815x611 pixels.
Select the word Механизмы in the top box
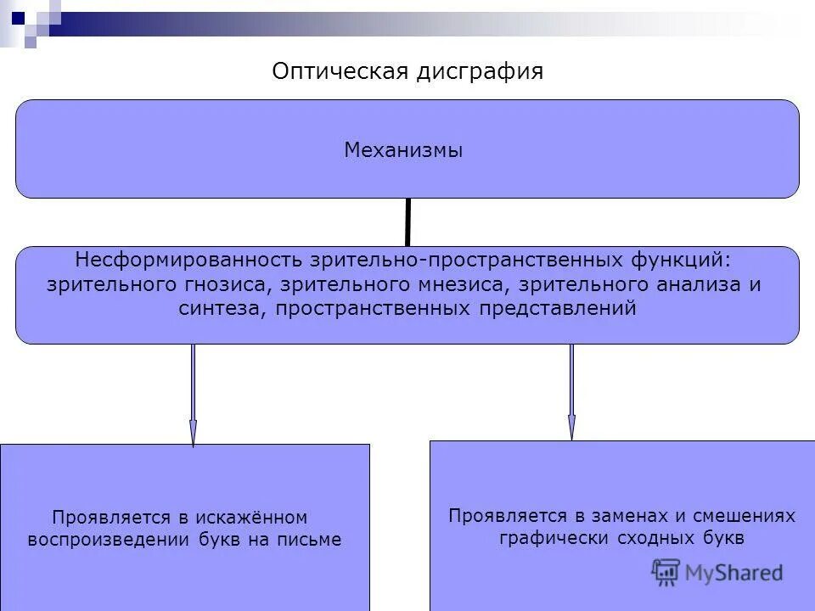point(403,151)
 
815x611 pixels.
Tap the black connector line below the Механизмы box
point(408,221)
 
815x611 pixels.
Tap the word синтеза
point(223,309)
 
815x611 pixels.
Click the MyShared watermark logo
point(717,573)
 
